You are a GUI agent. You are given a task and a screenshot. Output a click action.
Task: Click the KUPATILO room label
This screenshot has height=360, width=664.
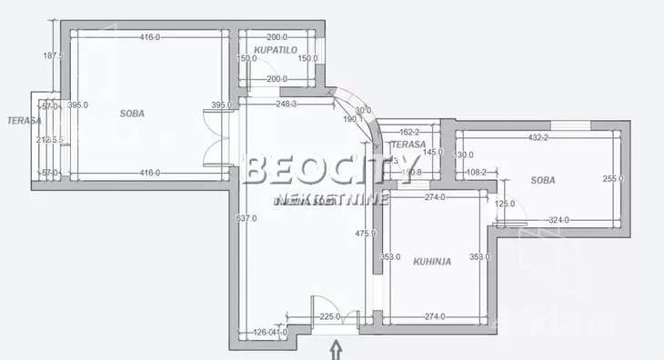[x=277, y=50]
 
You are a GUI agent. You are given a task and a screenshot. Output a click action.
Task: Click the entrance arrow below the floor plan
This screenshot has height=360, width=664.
[x=336, y=349]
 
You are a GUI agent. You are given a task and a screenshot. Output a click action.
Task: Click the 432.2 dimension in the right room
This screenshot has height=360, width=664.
[x=538, y=137]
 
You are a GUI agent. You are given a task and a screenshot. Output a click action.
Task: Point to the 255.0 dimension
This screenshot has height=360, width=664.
[x=613, y=179]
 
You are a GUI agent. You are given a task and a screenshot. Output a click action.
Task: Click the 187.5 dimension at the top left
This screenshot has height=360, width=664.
[x=53, y=55]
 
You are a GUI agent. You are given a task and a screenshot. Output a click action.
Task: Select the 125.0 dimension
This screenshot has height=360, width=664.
[x=505, y=204]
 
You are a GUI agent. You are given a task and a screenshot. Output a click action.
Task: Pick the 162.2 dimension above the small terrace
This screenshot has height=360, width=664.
[x=407, y=131]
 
